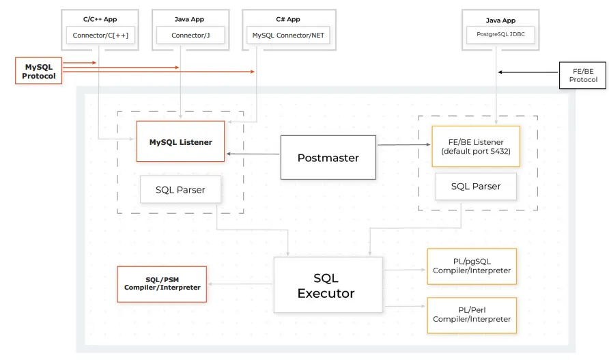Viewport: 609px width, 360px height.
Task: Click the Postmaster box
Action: [x=328, y=157]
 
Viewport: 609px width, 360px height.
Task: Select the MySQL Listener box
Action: [x=180, y=142]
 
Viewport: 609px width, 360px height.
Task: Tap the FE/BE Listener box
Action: [x=476, y=146]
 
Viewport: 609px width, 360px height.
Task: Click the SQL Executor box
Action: [x=328, y=286]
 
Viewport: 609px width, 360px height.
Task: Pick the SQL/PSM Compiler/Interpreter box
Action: [x=162, y=283]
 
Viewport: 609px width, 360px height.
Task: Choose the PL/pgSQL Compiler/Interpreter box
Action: [x=471, y=266]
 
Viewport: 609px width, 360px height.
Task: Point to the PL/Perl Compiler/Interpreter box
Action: [x=471, y=315]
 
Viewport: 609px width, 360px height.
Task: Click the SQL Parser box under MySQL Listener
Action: [x=180, y=189]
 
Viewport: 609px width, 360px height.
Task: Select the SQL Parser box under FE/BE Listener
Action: [x=476, y=186]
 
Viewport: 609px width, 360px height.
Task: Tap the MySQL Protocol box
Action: [x=38, y=71]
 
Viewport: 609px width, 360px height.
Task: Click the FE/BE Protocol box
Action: [x=583, y=75]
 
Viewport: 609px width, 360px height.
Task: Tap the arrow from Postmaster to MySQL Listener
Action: [x=253, y=154]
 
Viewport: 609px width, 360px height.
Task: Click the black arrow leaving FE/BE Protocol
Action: [x=528, y=72]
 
